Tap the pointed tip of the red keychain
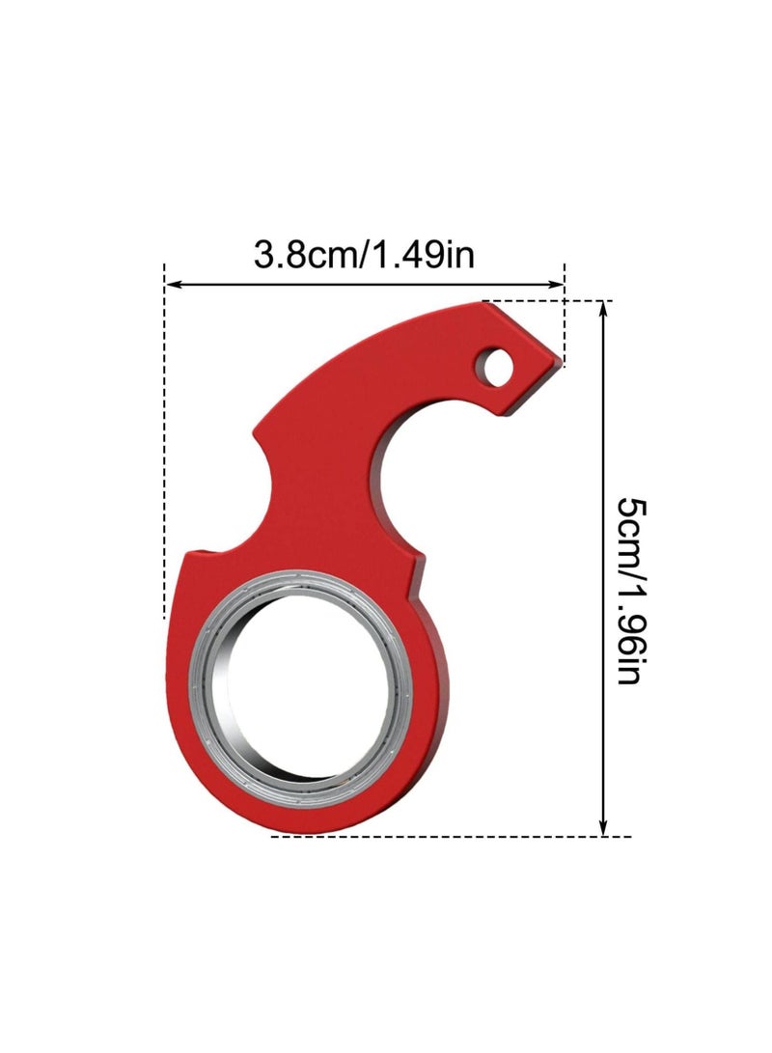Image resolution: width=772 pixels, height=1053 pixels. click(x=560, y=361)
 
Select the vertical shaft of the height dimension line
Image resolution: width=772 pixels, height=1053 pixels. click(x=605, y=569)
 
